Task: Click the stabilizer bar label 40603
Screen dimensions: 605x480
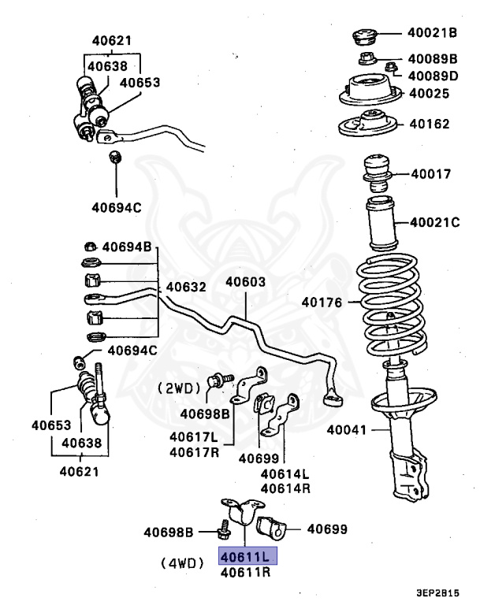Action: point(245,282)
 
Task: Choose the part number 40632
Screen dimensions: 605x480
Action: point(186,287)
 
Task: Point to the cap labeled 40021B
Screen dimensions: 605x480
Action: point(363,36)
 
